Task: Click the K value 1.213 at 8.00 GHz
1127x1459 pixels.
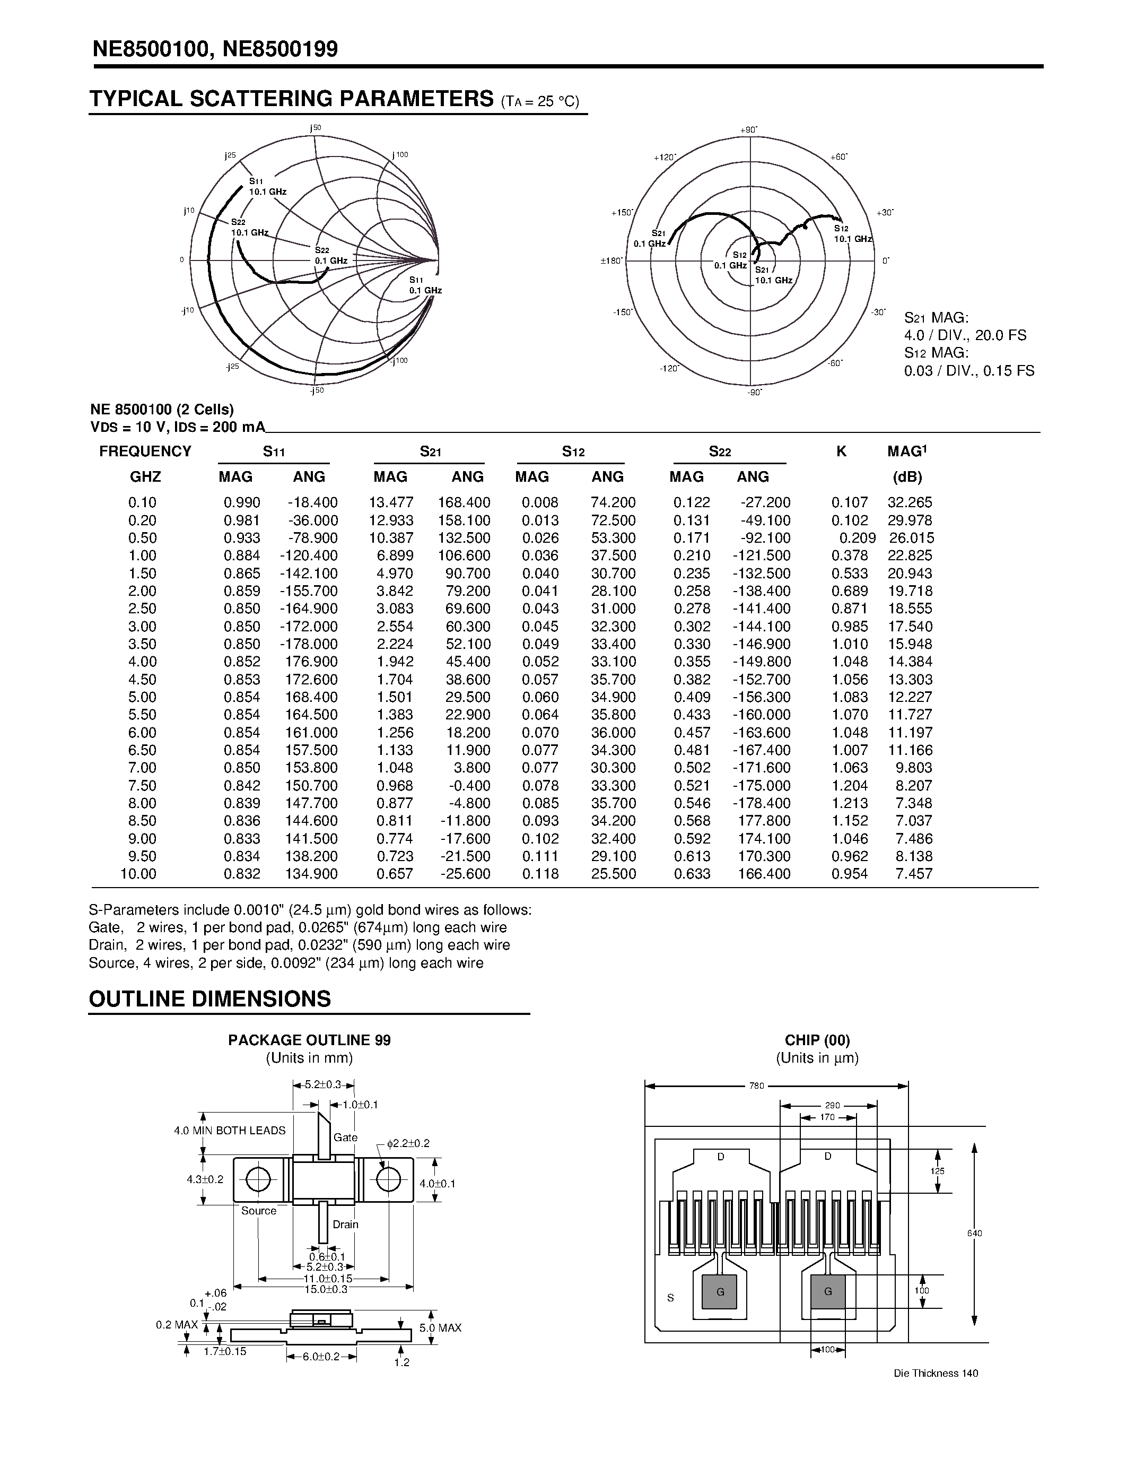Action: click(849, 803)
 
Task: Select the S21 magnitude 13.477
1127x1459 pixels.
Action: click(391, 502)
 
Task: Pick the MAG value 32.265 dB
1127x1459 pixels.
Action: click(910, 502)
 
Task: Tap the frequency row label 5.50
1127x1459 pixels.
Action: click(142, 715)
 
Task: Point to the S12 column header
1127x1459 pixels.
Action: click(573, 452)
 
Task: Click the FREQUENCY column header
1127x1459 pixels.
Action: click(145, 451)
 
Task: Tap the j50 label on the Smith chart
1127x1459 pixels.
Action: click(315, 127)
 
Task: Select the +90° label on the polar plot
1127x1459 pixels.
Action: click(748, 129)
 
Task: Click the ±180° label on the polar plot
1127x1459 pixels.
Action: click(611, 261)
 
